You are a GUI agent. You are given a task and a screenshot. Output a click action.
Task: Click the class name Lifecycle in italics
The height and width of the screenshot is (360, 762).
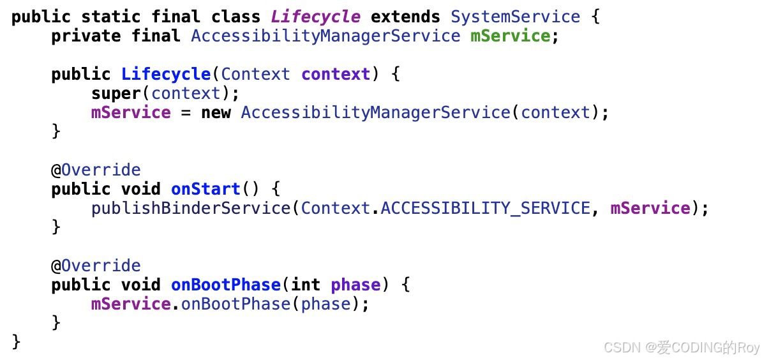point(316,17)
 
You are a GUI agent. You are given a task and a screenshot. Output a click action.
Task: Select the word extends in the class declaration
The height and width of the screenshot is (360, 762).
point(405,17)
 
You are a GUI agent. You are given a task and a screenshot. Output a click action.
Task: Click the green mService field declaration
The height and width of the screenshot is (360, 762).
point(510,36)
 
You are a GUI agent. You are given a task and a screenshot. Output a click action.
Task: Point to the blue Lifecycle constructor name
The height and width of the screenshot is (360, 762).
point(166,74)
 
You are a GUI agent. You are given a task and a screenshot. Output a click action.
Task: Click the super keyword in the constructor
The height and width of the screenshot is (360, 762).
point(116,93)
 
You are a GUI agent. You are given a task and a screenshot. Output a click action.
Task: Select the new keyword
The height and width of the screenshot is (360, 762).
point(216,112)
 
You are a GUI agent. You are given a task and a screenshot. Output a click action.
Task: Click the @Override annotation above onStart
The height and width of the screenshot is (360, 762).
point(96,170)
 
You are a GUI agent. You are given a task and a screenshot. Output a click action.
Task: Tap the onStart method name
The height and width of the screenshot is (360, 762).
point(205,189)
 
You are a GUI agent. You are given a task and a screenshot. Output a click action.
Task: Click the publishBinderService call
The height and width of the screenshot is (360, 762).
point(191,208)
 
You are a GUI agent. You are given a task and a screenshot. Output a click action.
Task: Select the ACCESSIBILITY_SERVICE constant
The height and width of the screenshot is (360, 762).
point(485,208)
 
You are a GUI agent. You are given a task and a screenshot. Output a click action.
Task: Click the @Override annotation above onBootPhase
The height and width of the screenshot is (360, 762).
point(96,266)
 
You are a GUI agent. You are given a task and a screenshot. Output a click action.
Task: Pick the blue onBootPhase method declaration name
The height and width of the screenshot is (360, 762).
point(225,285)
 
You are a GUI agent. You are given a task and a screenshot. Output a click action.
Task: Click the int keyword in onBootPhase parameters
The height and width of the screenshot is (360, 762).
point(305,285)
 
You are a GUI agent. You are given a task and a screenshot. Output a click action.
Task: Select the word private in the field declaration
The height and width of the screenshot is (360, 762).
point(86,36)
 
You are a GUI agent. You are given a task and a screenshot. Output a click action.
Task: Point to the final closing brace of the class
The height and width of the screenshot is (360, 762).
point(16,342)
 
